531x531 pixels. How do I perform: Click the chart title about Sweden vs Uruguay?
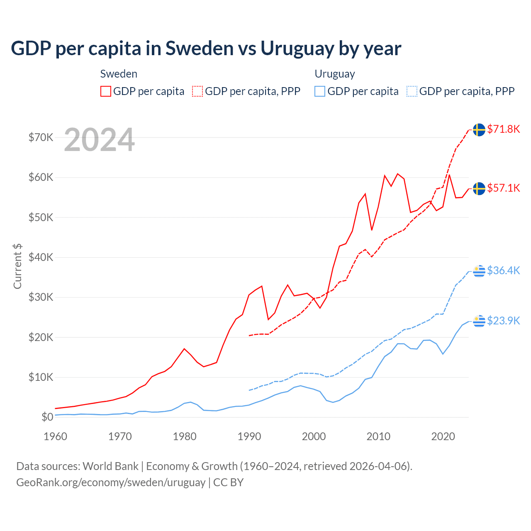(206, 49)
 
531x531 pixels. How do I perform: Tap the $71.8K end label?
(503, 129)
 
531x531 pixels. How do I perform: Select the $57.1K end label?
(503, 188)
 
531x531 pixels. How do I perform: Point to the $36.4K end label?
(503, 270)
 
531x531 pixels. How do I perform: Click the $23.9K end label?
(503, 321)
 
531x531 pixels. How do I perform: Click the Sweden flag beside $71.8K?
(479, 129)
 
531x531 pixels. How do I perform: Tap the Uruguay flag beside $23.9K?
(479, 321)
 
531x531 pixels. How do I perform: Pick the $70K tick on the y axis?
(41, 137)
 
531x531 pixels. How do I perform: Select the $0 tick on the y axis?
(47, 417)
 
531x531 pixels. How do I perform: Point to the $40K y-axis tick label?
(41, 257)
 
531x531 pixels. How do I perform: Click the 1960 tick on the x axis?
(55, 436)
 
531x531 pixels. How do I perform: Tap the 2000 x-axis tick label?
(314, 436)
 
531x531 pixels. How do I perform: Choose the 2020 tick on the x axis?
(443, 436)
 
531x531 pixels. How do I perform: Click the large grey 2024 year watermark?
(100, 140)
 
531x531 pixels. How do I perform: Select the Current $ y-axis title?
(17, 266)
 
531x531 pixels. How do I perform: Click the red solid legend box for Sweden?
(106, 91)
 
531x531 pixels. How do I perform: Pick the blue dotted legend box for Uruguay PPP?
(412, 91)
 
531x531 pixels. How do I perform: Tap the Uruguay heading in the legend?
(335, 74)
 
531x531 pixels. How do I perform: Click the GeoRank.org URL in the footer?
(111, 482)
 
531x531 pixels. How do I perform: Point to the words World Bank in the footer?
(110, 466)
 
